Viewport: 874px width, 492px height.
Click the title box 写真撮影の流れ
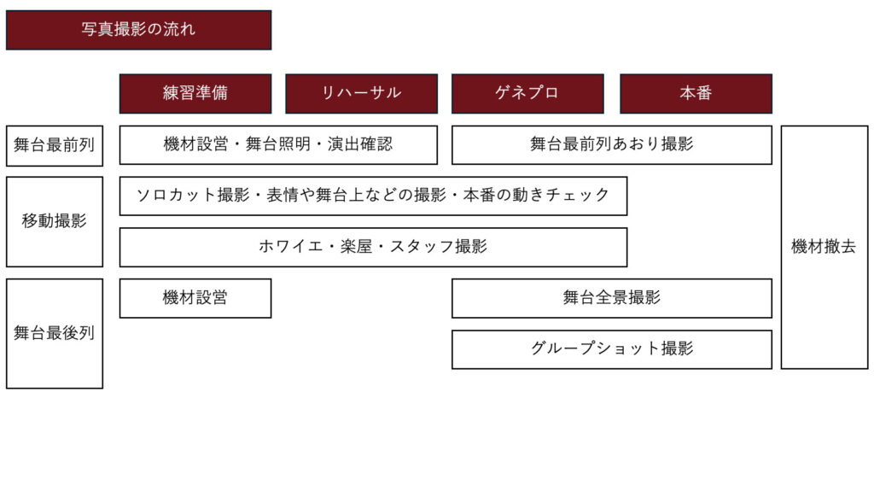point(139,30)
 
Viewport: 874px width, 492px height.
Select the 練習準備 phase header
point(195,94)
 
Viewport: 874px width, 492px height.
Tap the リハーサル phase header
point(362,94)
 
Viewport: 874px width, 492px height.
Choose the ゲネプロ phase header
point(527,94)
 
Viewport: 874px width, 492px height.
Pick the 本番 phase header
point(696,94)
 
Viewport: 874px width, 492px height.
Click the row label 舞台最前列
point(55,145)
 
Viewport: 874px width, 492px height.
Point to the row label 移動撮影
point(55,221)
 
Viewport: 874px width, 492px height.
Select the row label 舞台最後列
point(55,334)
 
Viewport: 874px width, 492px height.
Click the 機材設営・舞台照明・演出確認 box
point(279,145)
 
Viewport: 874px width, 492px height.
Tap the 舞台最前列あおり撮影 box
point(612,145)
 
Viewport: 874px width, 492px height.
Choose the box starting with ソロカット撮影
point(374,196)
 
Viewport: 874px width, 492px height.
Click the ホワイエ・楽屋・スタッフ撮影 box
point(374,247)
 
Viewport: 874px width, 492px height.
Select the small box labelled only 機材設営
point(195,298)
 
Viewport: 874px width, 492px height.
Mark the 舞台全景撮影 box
point(612,298)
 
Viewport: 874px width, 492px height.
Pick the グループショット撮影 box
point(612,349)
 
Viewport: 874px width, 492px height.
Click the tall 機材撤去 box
point(824,247)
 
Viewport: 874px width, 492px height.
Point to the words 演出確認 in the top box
point(360,143)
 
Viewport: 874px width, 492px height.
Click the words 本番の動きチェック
point(536,195)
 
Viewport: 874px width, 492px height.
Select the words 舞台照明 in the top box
point(278,143)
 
